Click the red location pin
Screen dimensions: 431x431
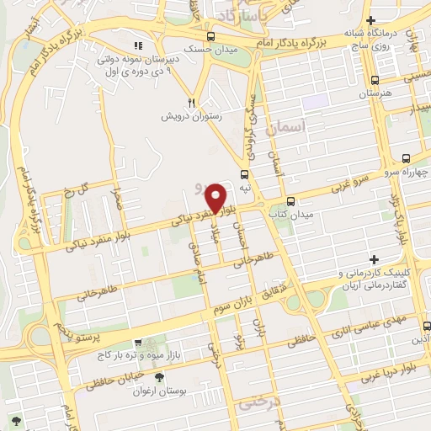pyautogui.click(x=216, y=197)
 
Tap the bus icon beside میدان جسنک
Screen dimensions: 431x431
pyautogui.click(x=210, y=36)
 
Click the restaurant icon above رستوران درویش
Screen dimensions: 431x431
pyautogui.click(x=192, y=103)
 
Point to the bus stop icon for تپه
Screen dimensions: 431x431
pyautogui.click(x=245, y=175)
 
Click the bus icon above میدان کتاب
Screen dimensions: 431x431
pyautogui.click(x=290, y=201)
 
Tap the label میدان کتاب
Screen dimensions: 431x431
pyautogui.click(x=290, y=215)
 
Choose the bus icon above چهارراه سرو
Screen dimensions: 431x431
pyautogui.click(x=407, y=158)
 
